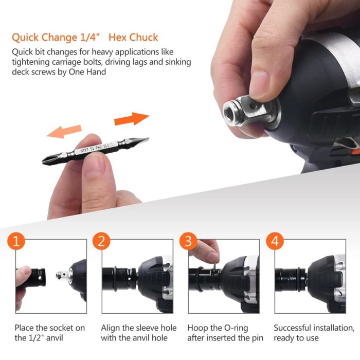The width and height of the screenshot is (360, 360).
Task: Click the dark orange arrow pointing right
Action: (x=132, y=118)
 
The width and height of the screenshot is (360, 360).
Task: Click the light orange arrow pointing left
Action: (x=64, y=132)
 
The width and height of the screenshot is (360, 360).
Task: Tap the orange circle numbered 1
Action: (x=16, y=241)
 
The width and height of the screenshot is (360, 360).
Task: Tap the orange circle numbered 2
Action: (x=101, y=241)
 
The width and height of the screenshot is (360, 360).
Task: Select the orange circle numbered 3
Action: (x=188, y=241)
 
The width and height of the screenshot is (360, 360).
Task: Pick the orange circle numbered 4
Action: (x=275, y=241)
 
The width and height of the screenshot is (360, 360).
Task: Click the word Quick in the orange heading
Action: (x=25, y=38)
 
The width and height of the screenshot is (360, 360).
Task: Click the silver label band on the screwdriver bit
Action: (x=96, y=148)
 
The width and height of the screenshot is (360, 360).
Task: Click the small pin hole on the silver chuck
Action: (x=253, y=106)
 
